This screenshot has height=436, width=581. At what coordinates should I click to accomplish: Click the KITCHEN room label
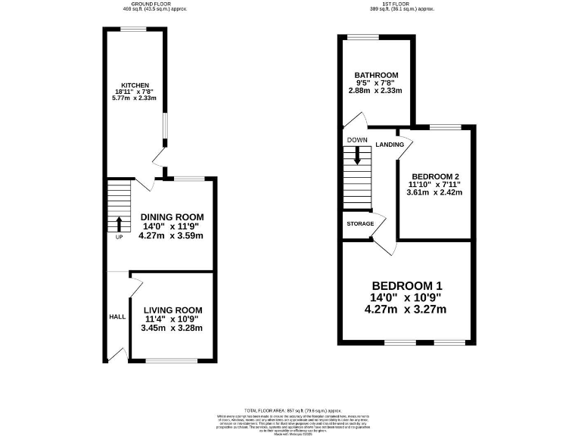[x=134, y=85]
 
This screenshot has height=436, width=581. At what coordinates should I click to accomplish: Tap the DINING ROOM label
[x=171, y=216]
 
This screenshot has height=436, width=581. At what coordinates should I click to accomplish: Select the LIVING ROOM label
[x=168, y=310]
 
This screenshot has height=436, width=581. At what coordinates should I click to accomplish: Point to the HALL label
[x=118, y=317]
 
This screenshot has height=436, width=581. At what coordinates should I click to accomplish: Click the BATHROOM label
[x=376, y=75]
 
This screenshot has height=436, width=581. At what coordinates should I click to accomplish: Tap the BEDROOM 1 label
[x=406, y=285]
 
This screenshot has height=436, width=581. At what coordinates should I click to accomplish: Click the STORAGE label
[x=361, y=224]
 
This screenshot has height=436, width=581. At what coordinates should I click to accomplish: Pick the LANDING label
[x=390, y=145]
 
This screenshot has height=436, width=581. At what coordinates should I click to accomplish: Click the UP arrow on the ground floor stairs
[x=119, y=224]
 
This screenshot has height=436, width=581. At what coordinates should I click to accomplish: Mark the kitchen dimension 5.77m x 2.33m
[x=134, y=98]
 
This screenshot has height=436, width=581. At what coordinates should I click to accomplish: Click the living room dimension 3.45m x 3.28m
[x=168, y=328]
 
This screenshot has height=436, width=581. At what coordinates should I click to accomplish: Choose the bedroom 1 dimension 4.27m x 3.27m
[x=405, y=309]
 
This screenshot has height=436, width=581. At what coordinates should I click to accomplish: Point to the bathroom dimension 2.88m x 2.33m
[x=376, y=91]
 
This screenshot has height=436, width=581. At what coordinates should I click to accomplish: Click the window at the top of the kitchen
[x=135, y=29]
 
